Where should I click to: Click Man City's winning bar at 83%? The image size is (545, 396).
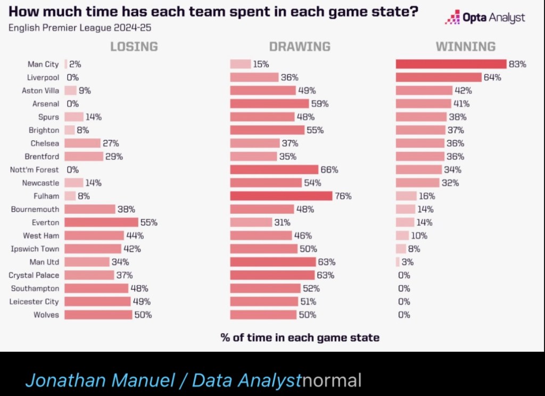451,64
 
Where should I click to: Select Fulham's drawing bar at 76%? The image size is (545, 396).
281,196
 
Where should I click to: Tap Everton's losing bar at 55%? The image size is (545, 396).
101,222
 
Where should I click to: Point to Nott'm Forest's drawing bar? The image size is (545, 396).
274,169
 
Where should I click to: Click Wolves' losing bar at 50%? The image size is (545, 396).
98,315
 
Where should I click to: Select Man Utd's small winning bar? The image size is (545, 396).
398,262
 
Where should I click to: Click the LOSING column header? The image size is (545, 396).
134,46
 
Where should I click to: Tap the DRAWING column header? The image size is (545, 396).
300,46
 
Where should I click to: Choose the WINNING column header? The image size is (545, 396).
465,46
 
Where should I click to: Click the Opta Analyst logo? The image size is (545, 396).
485,18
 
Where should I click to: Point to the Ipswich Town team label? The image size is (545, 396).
35,249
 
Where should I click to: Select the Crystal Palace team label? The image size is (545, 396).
34,275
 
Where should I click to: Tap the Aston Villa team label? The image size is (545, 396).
40,91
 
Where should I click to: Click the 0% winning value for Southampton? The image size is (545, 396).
404,288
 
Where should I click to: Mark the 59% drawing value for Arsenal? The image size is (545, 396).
320,104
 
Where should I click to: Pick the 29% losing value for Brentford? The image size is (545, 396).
114,157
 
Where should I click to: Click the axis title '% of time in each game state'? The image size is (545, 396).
300,337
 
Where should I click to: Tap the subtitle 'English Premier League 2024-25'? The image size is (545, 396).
83,27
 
